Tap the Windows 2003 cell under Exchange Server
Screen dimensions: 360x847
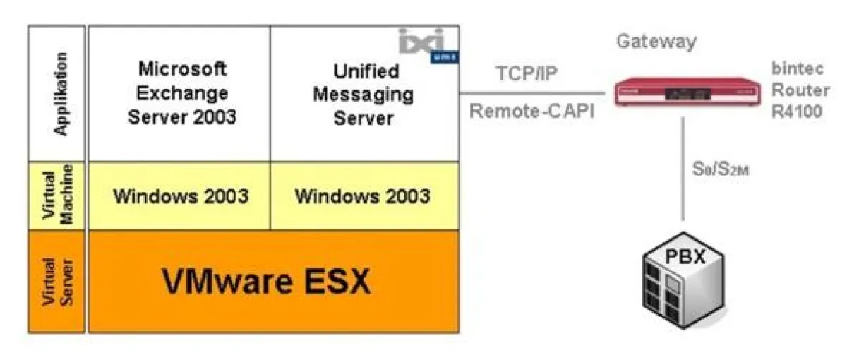(181, 196)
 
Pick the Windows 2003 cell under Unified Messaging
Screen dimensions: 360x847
(362, 196)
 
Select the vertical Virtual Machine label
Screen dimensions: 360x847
(58, 195)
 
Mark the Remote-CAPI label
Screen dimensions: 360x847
(531, 111)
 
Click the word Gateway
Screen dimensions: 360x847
(656, 41)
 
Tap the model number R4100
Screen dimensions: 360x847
(798, 111)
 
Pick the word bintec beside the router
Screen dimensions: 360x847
(797, 71)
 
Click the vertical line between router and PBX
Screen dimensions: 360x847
(683, 169)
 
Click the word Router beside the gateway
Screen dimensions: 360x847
(800, 90)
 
